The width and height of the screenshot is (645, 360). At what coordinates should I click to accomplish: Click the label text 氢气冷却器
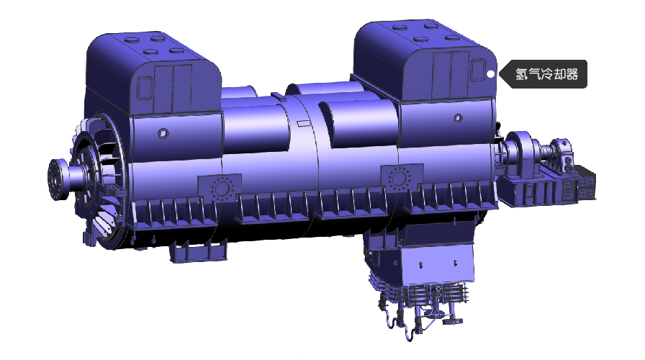click(546, 74)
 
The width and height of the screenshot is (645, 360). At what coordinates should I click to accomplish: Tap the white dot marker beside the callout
click(491, 74)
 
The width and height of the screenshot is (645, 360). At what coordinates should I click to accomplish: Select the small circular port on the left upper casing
click(163, 133)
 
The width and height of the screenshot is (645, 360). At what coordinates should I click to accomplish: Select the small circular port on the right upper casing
click(458, 118)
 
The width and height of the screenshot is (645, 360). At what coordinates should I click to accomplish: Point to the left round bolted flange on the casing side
click(222, 189)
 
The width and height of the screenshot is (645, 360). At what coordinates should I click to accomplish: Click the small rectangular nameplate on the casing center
click(303, 123)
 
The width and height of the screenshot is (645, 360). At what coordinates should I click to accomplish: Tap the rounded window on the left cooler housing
click(144, 88)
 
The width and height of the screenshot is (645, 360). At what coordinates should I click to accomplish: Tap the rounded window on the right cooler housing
click(478, 70)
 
